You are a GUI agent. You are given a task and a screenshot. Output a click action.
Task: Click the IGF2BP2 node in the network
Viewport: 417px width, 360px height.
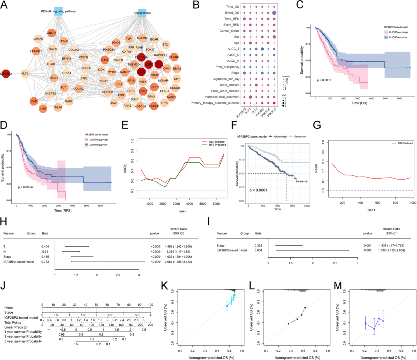6,74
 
